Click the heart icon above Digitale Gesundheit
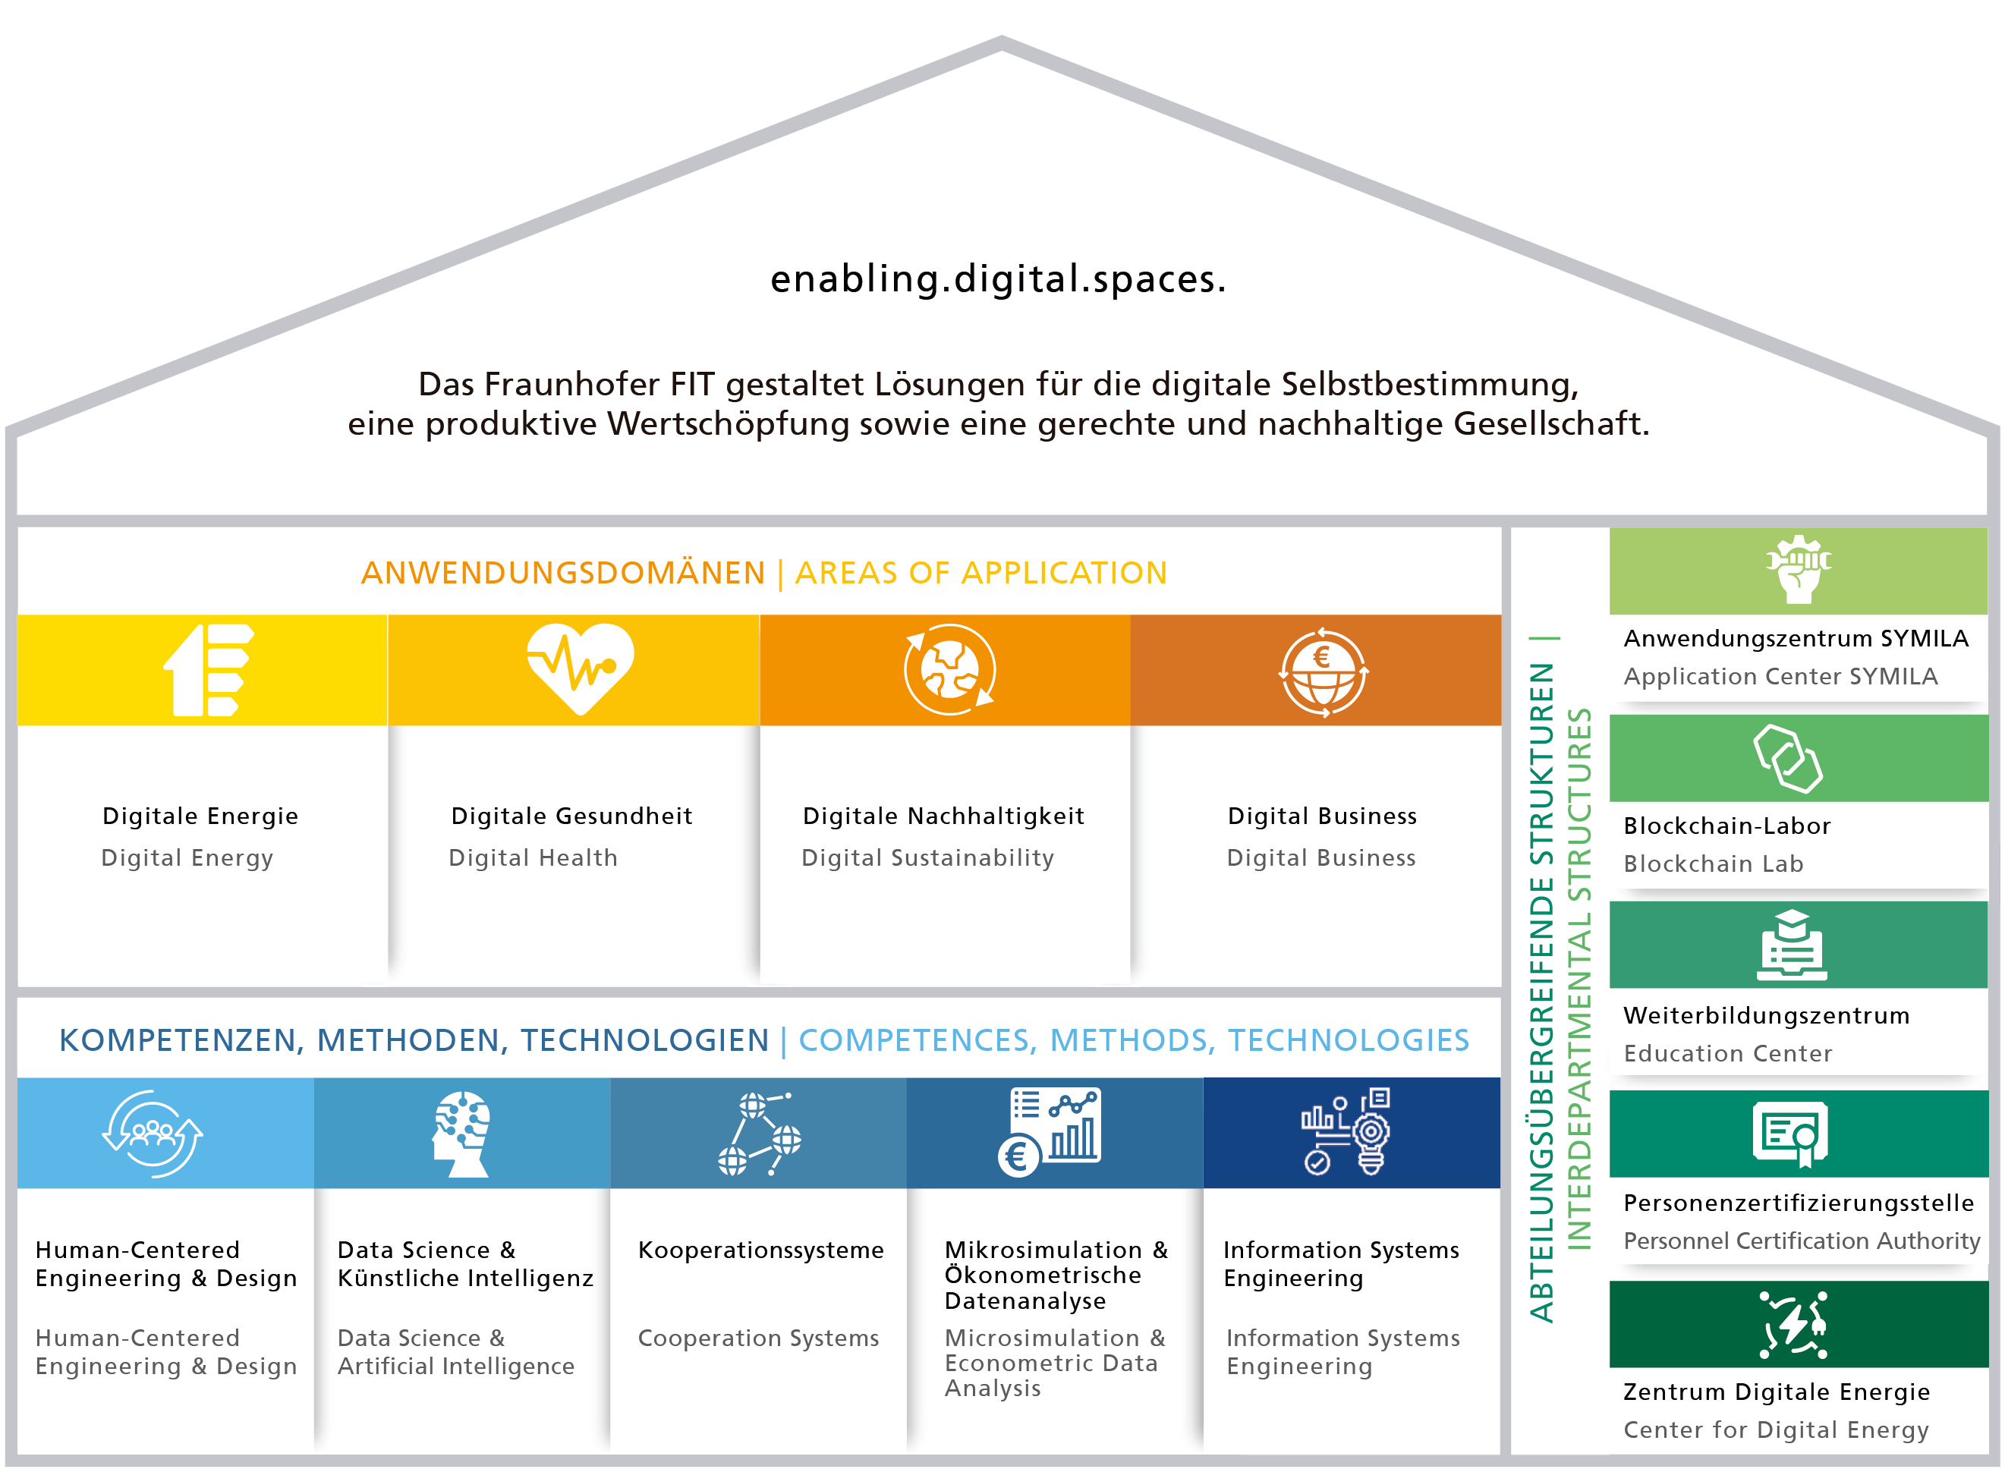580,669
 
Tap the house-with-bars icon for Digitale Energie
209,670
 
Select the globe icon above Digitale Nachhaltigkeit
950,670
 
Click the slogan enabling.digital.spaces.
999,279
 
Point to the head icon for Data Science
461,1134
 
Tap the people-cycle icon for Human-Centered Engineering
153,1134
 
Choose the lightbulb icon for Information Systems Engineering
1346,1131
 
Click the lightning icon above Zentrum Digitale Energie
1794,1325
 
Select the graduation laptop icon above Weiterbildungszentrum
1792,945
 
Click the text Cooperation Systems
758,1338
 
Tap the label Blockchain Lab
1714,863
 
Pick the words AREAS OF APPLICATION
981,573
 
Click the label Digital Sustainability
927,858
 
